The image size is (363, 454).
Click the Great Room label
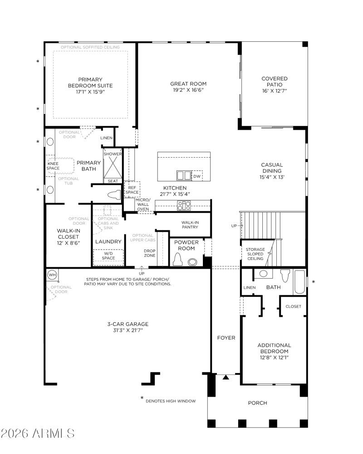click(x=188, y=84)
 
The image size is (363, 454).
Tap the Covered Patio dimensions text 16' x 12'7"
click(x=274, y=91)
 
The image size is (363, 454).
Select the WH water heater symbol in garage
click(x=51, y=275)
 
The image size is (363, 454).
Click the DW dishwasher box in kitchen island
click(x=196, y=176)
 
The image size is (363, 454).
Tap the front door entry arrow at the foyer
click(x=226, y=377)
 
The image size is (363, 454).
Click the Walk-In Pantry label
click(x=190, y=225)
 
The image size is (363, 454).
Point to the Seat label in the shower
click(x=113, y=181)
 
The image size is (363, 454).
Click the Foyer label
click(x=226, y=338)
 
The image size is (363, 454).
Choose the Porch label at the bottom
click(x=257, y=403)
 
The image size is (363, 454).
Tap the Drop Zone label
click(x=150, y=253)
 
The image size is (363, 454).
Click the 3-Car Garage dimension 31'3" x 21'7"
click(x=128, y=330)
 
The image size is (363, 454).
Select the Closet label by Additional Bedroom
click(x=293, y=306)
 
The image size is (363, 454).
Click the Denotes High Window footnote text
click(x=171, y=401)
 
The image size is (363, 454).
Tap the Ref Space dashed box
click(x=132, y=190)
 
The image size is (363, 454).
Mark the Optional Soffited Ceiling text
click(x=90, y=47)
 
